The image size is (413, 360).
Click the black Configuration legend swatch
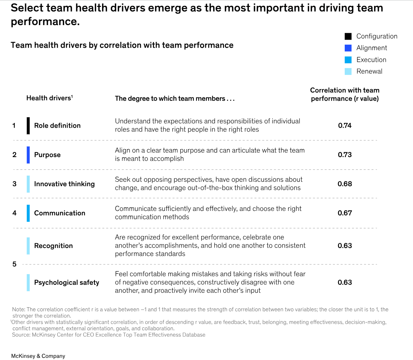[x=348, y=36]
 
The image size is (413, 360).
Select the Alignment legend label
[x=372, y=48]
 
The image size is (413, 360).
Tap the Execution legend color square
[x=348, y=60]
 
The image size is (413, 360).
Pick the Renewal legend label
[x=369, y=71]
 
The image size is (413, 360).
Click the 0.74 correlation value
[x=345, y=125]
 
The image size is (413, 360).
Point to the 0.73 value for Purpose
[x=345, y=155]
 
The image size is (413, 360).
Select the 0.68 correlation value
[x=345, y=184]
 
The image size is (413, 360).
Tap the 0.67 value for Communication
[x=345, y=213]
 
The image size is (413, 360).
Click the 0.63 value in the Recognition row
[x=345, y=245]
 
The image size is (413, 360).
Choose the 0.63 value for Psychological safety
[x=345, y=282]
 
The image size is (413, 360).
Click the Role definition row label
[x=57, y=125]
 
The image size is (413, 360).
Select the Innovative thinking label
[x=64, y=184]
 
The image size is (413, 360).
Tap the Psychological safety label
[x=66, y=283]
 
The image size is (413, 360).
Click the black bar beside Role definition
[x=28, y=125]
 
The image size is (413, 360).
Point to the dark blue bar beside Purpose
[x=28, y=155]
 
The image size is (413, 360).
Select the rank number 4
[x=15, y=213]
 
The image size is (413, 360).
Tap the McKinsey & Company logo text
[x=38, y=356]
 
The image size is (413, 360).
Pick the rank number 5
[x=15, y=264]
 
